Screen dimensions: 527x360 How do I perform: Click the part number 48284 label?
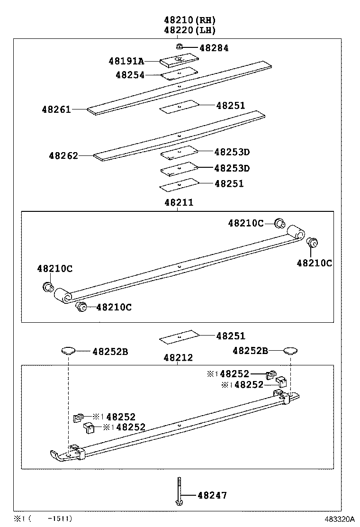[214, 48]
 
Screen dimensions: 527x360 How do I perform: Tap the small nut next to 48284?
[180, 46]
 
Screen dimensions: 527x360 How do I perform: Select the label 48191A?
[126, 61]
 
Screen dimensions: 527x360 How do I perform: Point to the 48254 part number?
[130, 75]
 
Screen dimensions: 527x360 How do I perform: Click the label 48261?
[56, 109]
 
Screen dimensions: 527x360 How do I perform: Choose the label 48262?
[63, 155]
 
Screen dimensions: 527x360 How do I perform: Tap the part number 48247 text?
[212, 496]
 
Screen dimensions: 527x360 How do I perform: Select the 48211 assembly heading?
[179, 202]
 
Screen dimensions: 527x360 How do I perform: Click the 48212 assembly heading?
[179, 357]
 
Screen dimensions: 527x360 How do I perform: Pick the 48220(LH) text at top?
[190, 30]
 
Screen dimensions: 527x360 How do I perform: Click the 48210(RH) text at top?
[190, 20]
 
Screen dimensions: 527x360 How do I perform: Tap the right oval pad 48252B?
[290, 351]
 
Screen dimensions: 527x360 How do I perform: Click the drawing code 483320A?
[339, 519]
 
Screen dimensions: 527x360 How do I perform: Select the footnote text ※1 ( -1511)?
[43, 519]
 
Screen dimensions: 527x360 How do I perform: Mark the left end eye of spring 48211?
[62, 295]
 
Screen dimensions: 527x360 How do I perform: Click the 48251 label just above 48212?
[231, 336]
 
